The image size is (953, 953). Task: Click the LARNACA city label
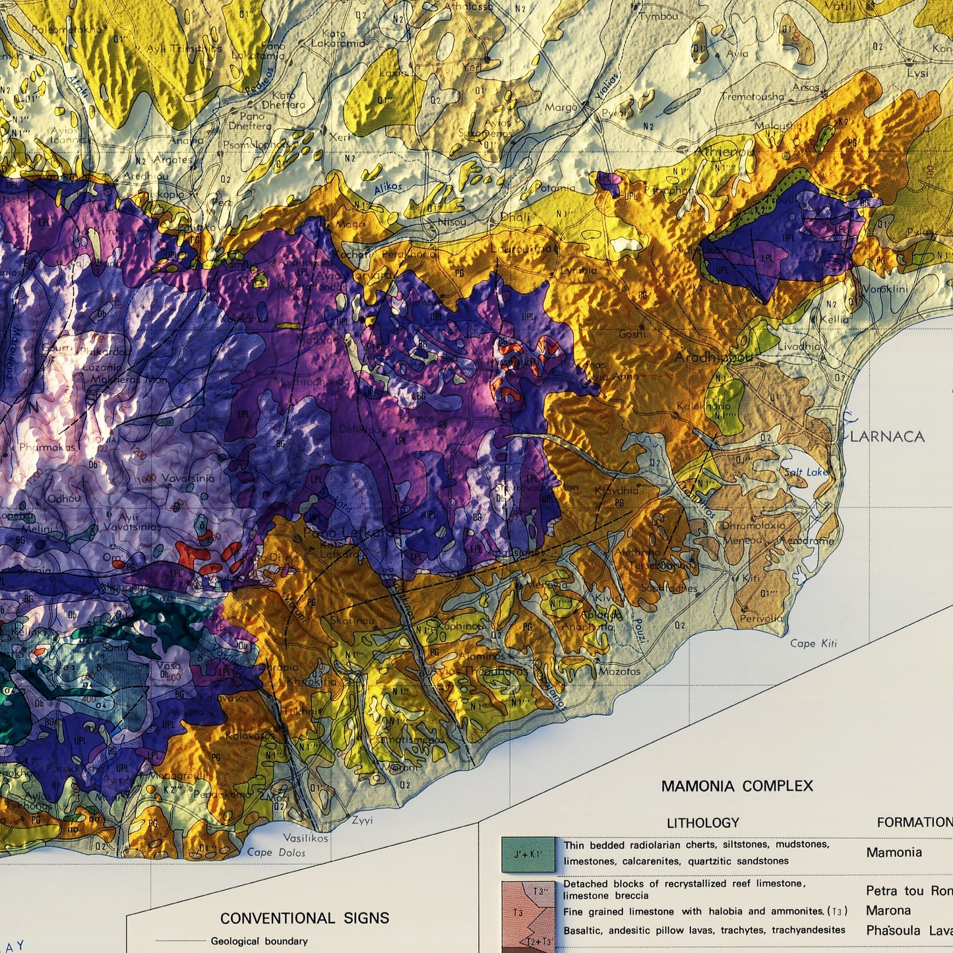pyautogui.click(x=887, y=437)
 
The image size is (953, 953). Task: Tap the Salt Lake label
pyautogui.click(x=806, y=472)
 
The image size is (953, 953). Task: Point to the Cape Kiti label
pyautogui.click(x=813, y=643)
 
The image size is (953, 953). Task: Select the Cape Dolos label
pyautogui.click(x=276, y=852)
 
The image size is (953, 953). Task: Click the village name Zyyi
pyautogui.click(x=362, y=820)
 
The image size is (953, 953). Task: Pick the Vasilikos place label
pyautogui.click(x=305, y=838)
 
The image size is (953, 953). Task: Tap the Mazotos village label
pyautogui.click(x=619, y=671)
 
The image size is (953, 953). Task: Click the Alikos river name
pyautogui.click(x=388, y=188)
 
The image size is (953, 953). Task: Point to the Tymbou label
pyautogui.click(x=658, y=16)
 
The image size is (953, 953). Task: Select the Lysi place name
pyautogui.click(x=917, y=73)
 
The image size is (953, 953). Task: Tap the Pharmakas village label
pyautogui.click(x=47, y=448)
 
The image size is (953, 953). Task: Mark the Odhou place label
pyautogui.click(x=64, y=499)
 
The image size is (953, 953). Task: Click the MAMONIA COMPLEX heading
pyautogui.click(x=737, y=785)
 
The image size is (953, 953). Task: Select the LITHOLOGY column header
pyautogui.click(x=702, y=822)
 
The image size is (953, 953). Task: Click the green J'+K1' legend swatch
pyautogui.click(x=527, y=854)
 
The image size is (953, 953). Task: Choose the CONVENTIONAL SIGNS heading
pyautogui.click(x=305, y=918)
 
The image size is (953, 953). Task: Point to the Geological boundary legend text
pyautogui.click(x=259, y=941)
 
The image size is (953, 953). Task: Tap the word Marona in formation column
pyautogui.click(x=888, y=911)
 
